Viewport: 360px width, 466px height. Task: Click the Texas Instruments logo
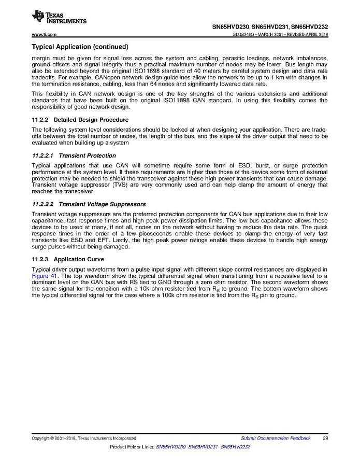pyautogui.click(x=59, y=17)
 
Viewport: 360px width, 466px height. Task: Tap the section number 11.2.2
pyautogui.click(x=40, y=120)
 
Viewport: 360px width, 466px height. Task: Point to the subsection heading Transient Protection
pyautogui.click(x=88, y=156)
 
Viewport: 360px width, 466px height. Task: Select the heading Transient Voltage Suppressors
pyautogui.click(x=102, y=204)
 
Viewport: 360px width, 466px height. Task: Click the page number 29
pyautogui.click(x=325, y=438)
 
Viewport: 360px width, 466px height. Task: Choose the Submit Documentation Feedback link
pyautogui.click(x=276, y=438)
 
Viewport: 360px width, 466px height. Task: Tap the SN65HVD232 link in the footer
pyautogui.click(x=235, y=446)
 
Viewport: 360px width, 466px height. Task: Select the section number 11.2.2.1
pyautogui.click(x=43, y=156)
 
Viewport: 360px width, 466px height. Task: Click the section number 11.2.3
pyautogui.click(x=40, y=259)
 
